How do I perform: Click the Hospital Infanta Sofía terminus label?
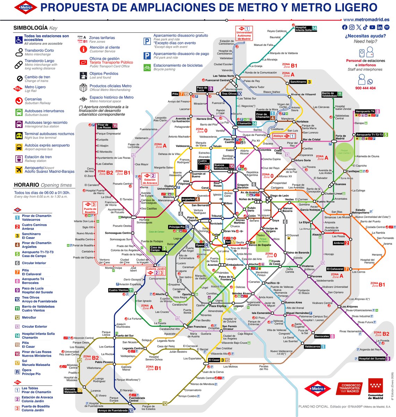click(305, 28)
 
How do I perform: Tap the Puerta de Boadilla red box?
click(90, 208)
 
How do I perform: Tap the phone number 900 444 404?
click(365, 88)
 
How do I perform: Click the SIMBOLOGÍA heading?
click(30, 28)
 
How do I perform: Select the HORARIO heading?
click(26, 185)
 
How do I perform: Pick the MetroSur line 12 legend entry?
click(29, 318)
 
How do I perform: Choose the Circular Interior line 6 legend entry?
click(34, 263)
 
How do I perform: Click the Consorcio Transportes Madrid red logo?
click(349, 389)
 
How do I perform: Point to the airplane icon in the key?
click(19, 170)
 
